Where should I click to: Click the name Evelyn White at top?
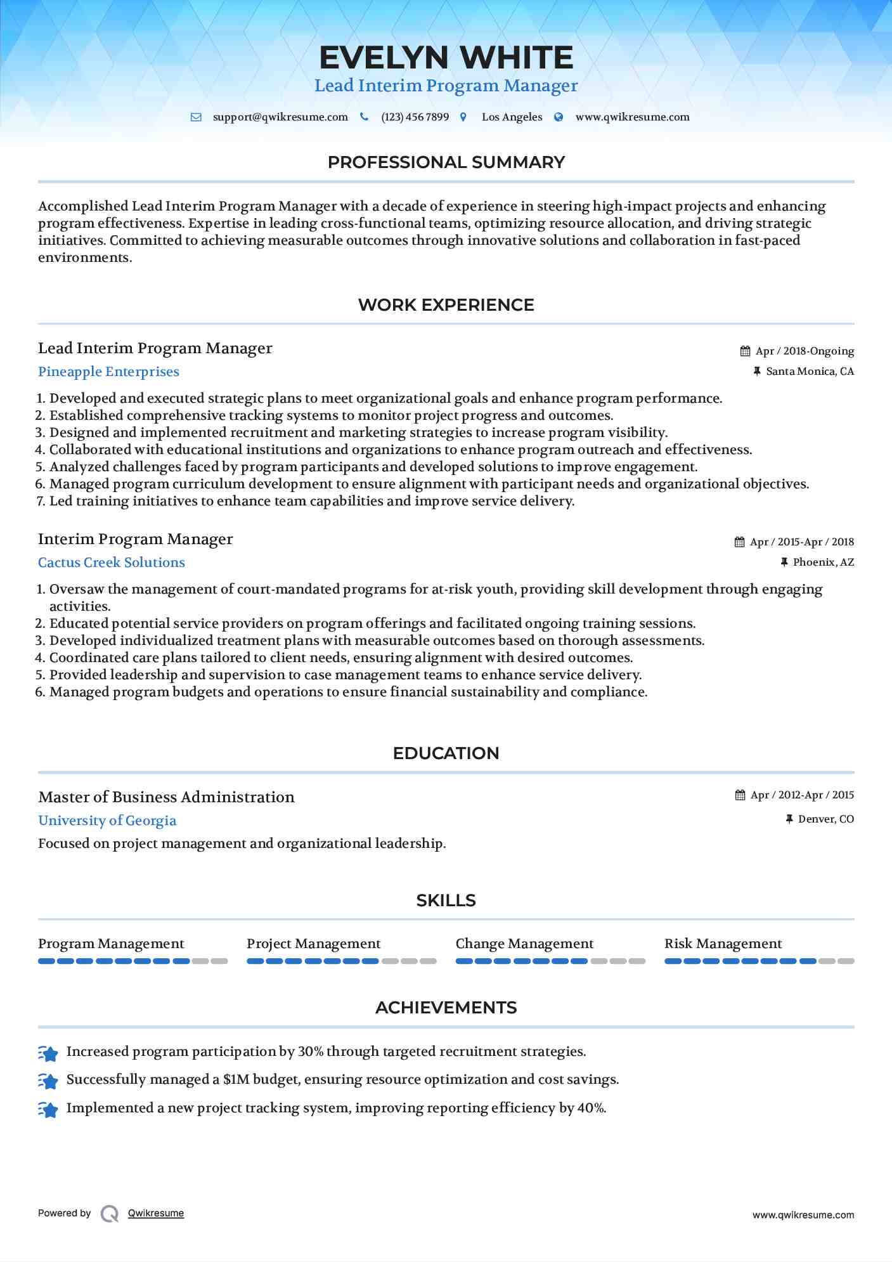[446, 58]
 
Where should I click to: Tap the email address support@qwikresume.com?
[280, 117]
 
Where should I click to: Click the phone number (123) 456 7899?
[415, 117]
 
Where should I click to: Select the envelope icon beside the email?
[196, 117]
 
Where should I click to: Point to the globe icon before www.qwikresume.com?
[559, 117]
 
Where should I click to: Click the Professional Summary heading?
[446, 162]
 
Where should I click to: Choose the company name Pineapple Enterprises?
[108, 372]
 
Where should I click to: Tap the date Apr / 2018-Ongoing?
[804, 351]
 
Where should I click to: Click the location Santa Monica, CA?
[810, 372]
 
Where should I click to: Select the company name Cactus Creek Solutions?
[112, 563]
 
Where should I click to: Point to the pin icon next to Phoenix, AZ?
[784, 563]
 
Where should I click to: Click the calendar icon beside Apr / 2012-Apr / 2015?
[740, 795]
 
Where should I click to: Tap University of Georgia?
[107, 821]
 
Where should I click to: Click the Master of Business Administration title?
[166, 798]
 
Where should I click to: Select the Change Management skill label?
[524, 944]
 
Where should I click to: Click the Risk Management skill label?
[723, 944]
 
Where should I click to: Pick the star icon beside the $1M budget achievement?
[48, 1081]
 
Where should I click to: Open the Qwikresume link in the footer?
[156, 1213]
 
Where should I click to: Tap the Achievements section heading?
[446, 1008]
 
